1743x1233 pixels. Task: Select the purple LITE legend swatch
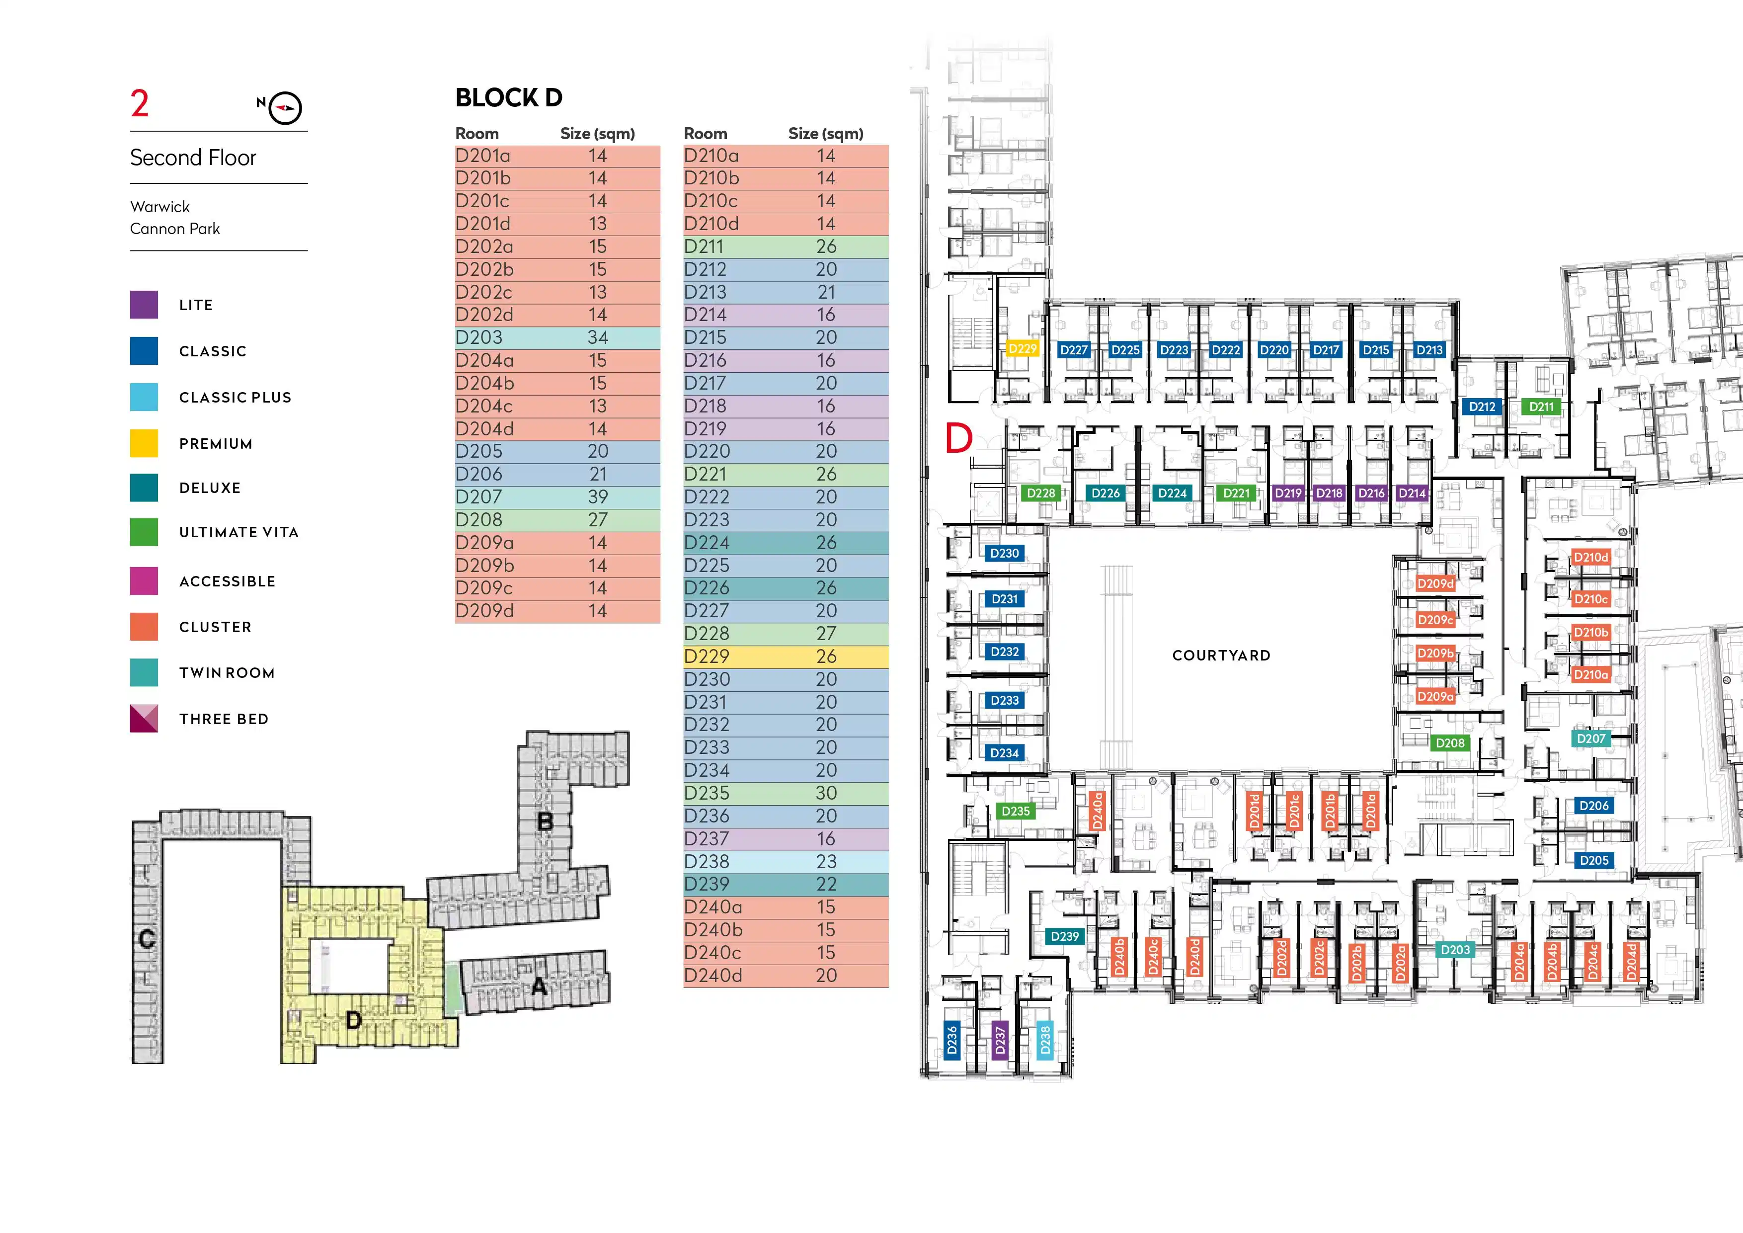144,305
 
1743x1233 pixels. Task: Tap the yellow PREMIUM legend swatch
144,443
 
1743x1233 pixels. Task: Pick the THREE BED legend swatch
144,718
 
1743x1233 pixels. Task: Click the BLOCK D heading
509,98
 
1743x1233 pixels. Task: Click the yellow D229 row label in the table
707,657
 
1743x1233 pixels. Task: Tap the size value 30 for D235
826,793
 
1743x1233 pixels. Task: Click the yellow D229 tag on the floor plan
1022,349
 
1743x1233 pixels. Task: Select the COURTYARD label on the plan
1221,655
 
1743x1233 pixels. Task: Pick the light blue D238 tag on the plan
1045,1040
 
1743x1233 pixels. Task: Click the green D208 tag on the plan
1449,743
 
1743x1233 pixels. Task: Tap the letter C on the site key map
147,939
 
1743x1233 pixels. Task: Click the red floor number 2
140,104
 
